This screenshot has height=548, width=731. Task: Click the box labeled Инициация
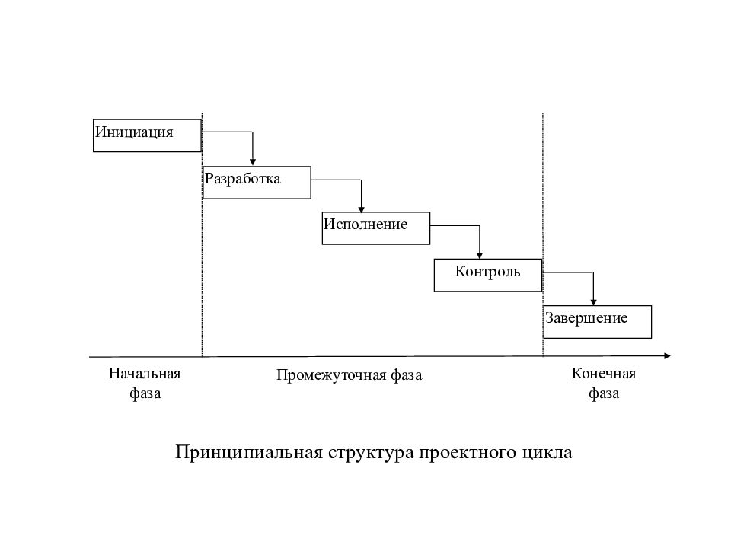pyautogui.click(x=147, y=135)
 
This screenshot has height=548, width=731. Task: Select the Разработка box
pyautogui.click(x=257, y=183)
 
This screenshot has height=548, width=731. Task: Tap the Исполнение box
pyautogui.click(x=375, y=228)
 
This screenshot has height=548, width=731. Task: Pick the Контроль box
pyautogui.click(x=488, y=276)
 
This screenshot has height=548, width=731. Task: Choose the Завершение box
pyautogui.click(x=598, y=322)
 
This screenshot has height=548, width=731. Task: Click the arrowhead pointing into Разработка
pyautogui.click(x=253, y=162)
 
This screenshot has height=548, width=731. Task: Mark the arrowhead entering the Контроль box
pyautogui.click(x=479, y=256)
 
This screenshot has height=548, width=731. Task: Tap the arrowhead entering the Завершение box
pyautogui.click(x=593, y=302)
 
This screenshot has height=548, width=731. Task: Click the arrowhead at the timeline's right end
pyautogui.click(x=667, y=356)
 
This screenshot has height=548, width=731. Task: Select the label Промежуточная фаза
pyautogui.click(x=350, y=375)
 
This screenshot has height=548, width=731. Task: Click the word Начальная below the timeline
pyautogui.click(x=145, y=373)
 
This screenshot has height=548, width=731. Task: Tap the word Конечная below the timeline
pyautogui.click(x=604, y=373)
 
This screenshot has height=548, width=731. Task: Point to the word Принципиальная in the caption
pyautogui.click(x=249, y=453)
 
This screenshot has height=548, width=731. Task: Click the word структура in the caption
pyautogui.click(x=371, y=454)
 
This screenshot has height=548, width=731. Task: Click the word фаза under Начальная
pyautogui.click(x=145, y=393)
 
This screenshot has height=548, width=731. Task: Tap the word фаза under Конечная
pyautogui.click(x=604, y=393)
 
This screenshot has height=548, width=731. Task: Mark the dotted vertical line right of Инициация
pyautogui.click(x=202, y=234)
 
